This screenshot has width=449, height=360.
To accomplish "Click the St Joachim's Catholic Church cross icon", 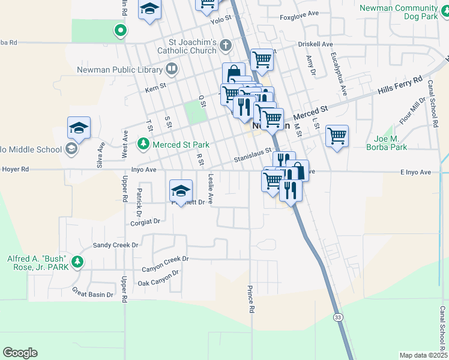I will [x=226, y=45].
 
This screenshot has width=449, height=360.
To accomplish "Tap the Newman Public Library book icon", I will [x=172, y=69].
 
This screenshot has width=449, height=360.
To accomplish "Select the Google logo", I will [x=20, y=353].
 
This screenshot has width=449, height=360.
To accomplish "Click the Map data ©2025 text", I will [x=423, y=355].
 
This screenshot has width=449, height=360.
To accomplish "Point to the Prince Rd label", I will [x=251, y=299].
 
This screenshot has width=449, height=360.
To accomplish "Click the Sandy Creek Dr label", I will [x=115, y=245].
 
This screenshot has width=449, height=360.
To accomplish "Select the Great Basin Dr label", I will [x=92, y=295].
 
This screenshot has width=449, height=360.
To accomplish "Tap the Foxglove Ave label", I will [x=298, y=18].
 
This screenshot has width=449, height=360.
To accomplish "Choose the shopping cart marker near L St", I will [x=337, y=135].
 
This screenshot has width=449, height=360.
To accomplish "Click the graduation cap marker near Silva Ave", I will [x=79, y=127].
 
